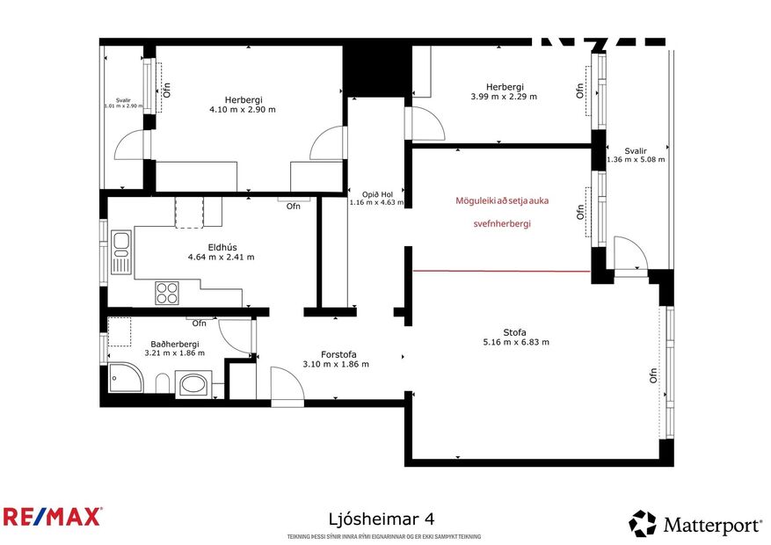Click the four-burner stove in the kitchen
click(167, 292)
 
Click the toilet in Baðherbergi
click(162, 383)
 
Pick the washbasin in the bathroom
click(193, 385)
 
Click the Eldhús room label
click(220, 245)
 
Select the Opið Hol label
click(376, 193)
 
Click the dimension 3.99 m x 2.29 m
click(504, 97)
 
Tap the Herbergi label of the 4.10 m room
click(243, 99)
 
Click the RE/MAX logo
click(53, 516)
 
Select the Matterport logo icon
click(643, 524)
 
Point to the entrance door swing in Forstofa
click(286, 388)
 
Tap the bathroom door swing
click(233, 335)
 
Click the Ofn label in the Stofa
click(654, 375)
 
